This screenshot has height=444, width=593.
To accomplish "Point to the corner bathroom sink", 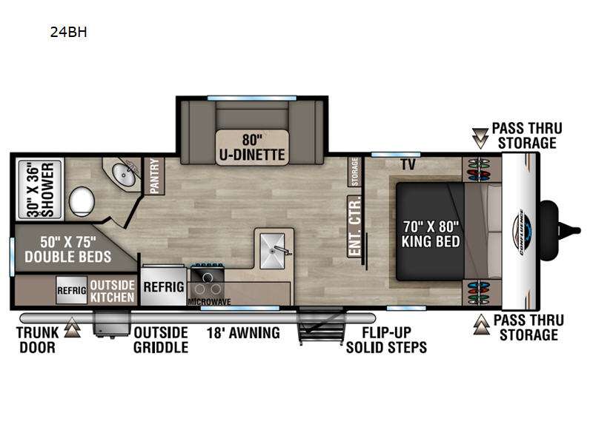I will click(x=123, y=175).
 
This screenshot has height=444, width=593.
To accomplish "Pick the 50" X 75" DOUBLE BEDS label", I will click(x=67, y=249).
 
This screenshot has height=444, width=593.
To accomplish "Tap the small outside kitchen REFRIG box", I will click(x=72, y=290).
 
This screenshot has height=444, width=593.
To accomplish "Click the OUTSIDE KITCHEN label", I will click(x=113, y=290).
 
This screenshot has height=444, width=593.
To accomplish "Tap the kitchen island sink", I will click(x=274, y=251).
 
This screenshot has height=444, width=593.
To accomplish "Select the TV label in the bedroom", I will click(x=407, y=164).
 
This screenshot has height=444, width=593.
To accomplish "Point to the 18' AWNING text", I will click(x=243, y=332).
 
